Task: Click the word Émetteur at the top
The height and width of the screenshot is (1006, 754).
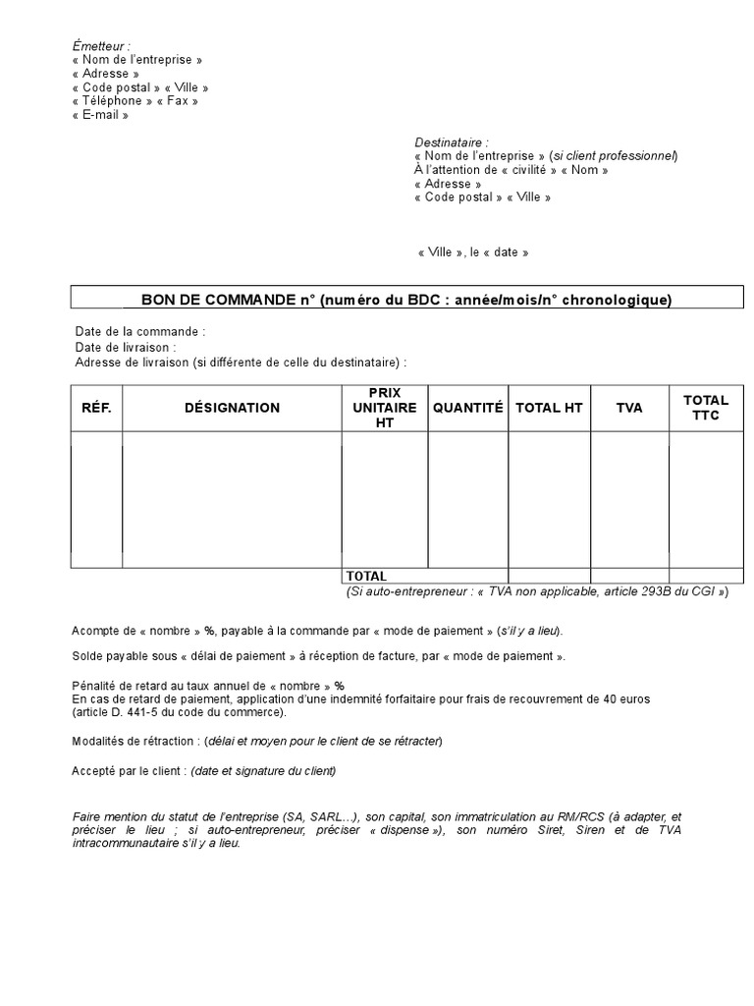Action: [x=100, y=46]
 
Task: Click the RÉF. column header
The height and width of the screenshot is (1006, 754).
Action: [x=96, y=408]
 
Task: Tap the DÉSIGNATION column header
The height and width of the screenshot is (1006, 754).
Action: [x=232, y=408]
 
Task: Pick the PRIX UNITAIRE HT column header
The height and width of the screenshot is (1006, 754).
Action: [x=384, y=408]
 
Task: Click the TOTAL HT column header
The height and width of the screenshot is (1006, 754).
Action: [x=549, y=408]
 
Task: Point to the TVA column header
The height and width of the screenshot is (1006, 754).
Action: [x=629, y=408]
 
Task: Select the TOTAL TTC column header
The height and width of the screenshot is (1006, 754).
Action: [x=706, y=408]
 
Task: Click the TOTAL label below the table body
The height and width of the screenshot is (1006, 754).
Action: [x=366, y=576]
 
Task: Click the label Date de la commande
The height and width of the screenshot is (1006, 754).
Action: [x=138, y=332]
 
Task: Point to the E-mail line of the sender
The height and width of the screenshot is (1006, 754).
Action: [x=100, y=115]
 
